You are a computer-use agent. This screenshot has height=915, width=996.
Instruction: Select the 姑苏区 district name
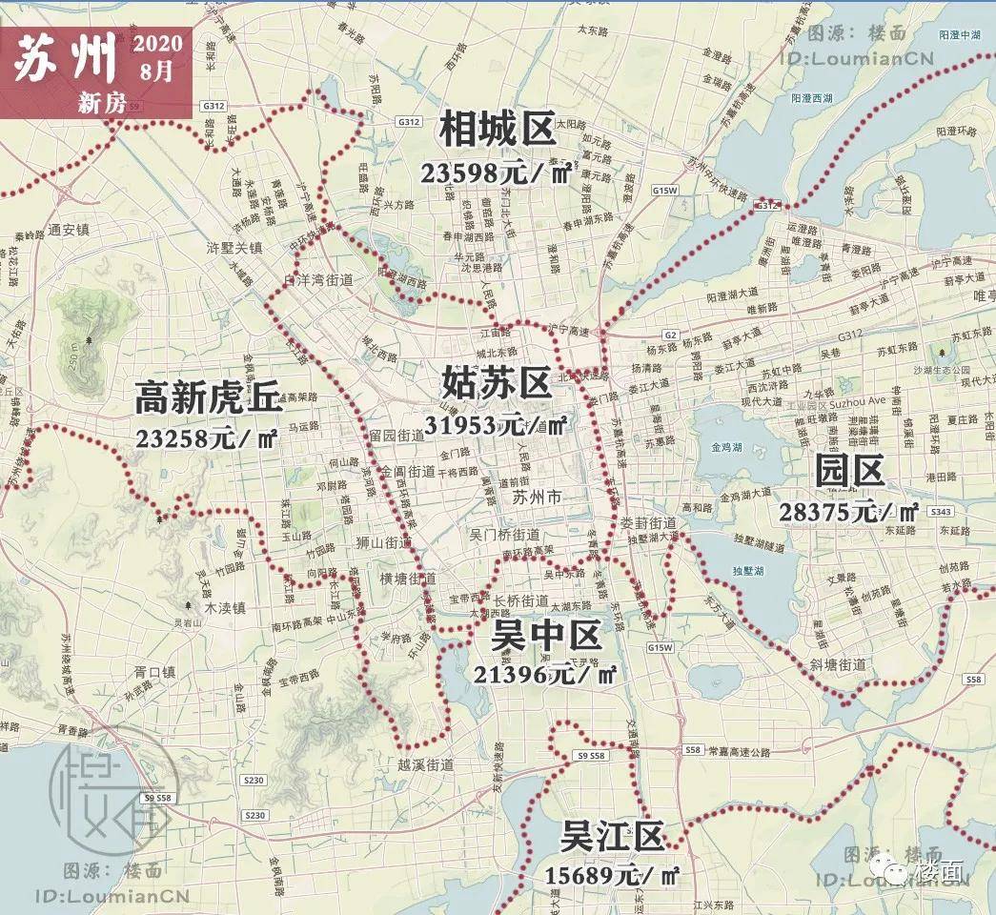coord(497,383)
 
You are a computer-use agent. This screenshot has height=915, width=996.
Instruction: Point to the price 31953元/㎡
coord(505,424)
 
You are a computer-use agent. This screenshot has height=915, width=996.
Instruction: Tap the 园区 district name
coord(849,470)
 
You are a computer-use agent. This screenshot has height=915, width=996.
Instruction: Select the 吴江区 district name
coord(611,837)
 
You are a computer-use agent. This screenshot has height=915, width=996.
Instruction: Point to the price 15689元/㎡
coord(612,875)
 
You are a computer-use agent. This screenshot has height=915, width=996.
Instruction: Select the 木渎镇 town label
coord(226,606)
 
